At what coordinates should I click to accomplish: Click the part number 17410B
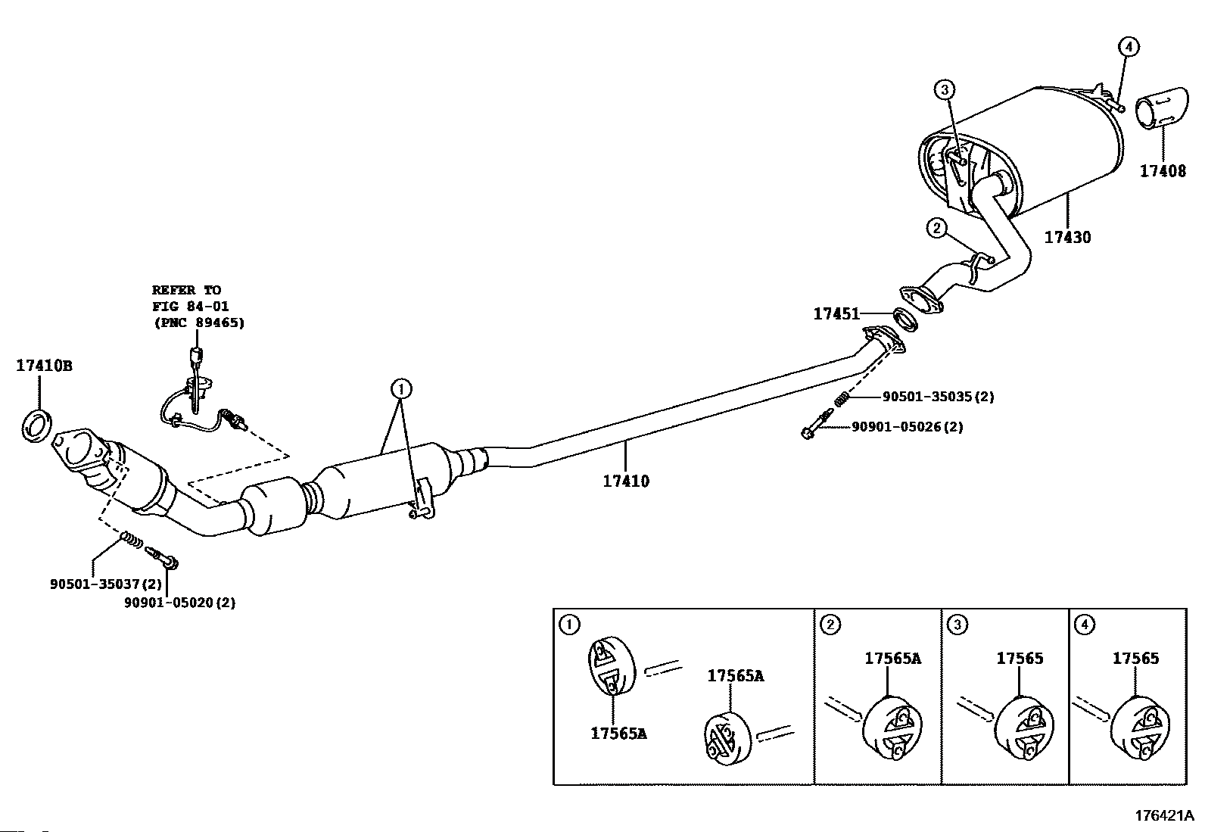pyautogui.click(x=44, y=366)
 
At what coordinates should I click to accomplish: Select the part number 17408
pyautogui.click(x=1163, y=171)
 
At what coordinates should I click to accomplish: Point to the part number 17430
pyautogui.click(x=1068, y=237)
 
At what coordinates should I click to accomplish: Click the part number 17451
pyautogui.click(x=836, y=313)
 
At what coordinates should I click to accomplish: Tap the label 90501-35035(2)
pyautogui.click(x=938, y=397)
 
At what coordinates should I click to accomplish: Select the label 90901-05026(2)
pyautogui.click(x=908, y=427)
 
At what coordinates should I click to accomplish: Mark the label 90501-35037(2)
pyautogui.click(x=106, y=584)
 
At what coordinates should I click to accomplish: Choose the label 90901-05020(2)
pyautogui.click(x=180, y=602)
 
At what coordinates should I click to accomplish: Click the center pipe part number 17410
pyautogui.click(x=626, y=481)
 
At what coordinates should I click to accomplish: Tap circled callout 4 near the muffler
pyautogui.click(x=1129, y=48)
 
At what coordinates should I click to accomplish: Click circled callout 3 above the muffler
pyautogui.click(x=945, y=89)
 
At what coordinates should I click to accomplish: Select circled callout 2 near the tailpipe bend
pyautogui.click(x=936, y=228)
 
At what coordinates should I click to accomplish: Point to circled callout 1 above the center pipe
pyautogui.click(x=401, y=388)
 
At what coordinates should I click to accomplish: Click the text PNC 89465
pyautogui.click(x=199, y=323)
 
